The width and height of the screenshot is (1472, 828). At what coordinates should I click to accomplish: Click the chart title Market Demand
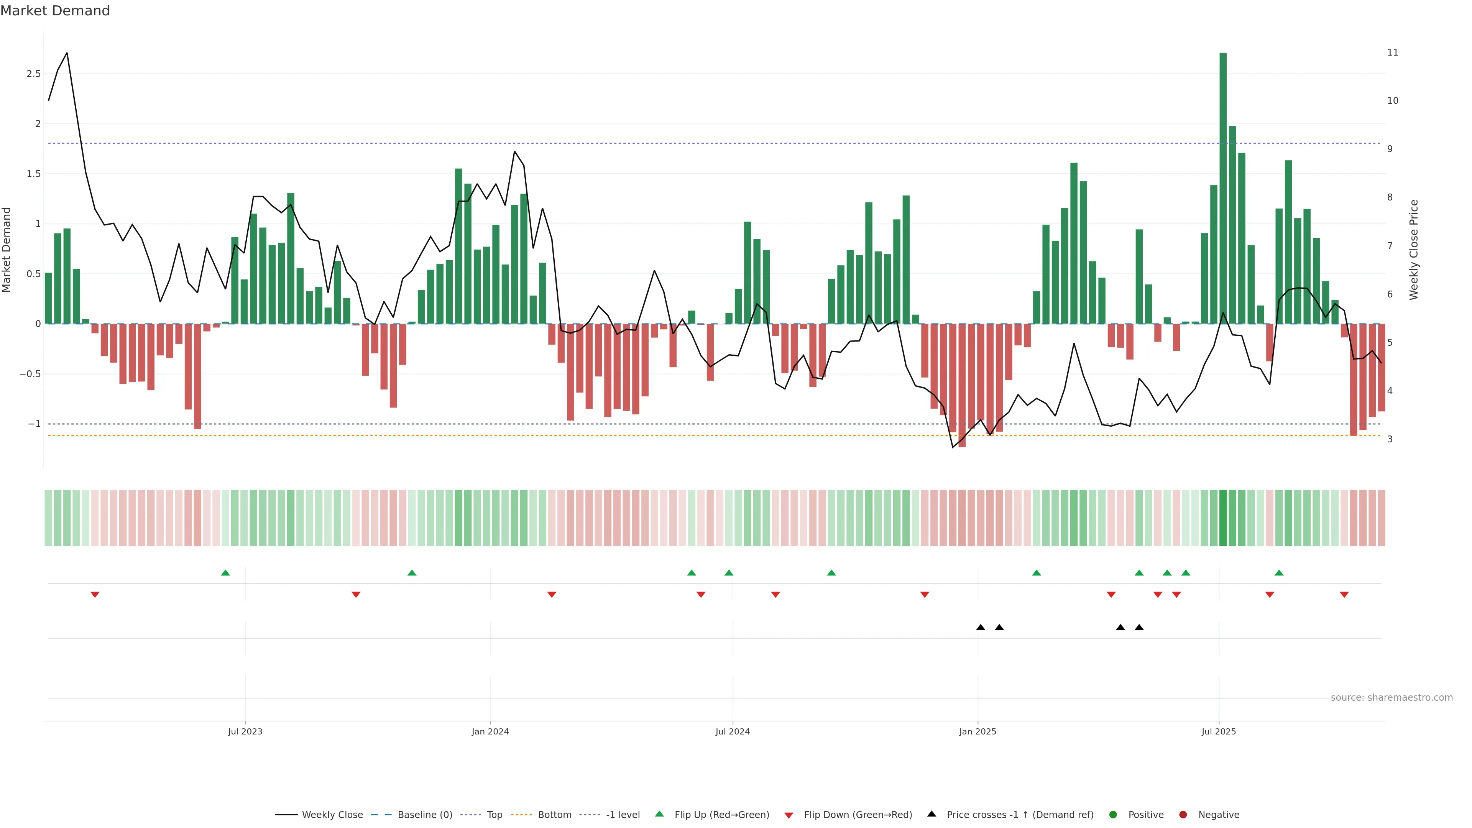pos(55,11)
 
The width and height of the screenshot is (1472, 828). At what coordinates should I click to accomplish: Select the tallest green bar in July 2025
pos(1223,189)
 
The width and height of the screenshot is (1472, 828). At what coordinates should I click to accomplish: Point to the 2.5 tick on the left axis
pos(34,74)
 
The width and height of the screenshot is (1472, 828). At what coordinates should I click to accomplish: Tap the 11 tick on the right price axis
pos(1393,53)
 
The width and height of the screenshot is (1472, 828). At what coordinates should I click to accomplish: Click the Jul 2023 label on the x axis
pos(245,731)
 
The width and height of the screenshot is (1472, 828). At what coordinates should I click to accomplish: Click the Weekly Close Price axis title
pos(1414,250)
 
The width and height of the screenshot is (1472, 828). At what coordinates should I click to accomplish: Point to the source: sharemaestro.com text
pos(1391,698)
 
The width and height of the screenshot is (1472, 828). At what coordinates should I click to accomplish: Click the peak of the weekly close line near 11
pos(67,53)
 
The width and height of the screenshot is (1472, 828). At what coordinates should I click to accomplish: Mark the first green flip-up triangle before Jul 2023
pos(225,573)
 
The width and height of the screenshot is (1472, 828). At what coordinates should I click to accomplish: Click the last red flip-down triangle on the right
pos(1344,595)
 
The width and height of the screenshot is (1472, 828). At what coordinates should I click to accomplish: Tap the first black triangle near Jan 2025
pos(981,628)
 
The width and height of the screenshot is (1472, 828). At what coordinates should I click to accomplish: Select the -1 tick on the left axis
pos(34,424)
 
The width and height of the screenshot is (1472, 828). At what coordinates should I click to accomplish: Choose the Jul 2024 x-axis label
pos(733,731)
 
